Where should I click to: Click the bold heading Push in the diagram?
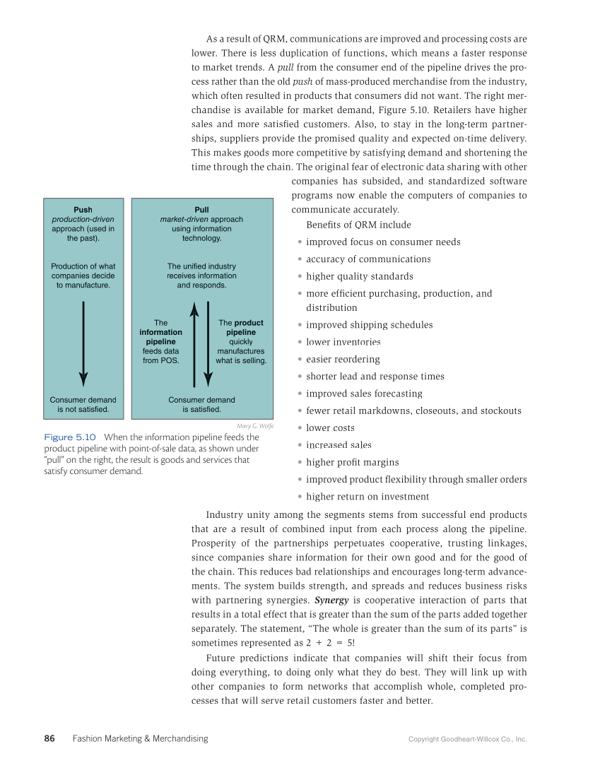[x=83, y=210]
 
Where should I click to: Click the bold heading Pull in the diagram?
[x=201, y=210]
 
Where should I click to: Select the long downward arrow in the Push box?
[x=83, y=343]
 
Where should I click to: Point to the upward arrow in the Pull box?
[x=195, y=343]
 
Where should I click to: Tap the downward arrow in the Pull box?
[x=207, y=343]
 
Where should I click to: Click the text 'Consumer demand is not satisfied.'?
[x=83, y=404]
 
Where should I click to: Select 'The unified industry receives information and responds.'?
[x=201, y=276]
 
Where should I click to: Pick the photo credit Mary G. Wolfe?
[x=255, y=426]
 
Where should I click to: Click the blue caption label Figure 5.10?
[x=70, y=437]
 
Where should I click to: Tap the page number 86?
[x=49, y=738]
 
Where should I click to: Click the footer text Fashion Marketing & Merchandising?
[x=140, y=738]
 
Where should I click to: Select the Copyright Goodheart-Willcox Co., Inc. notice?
[x=467, y=739]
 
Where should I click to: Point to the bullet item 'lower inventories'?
[x=343, y=342]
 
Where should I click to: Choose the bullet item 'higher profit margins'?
[x=352, y=462]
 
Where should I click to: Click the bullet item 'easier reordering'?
[x=343, y=359]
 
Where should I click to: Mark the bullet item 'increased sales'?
[x=339, y=445]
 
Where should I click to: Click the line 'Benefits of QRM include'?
[x=358, y=225]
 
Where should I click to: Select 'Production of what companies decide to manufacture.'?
[x=83, y=276]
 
